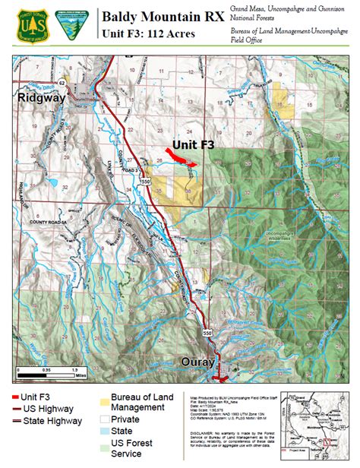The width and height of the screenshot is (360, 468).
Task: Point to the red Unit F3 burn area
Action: tap(180, 157)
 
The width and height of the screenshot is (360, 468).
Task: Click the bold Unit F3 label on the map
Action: tap(193, 143)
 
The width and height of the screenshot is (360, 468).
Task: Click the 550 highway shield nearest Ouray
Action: tap(207, 333)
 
